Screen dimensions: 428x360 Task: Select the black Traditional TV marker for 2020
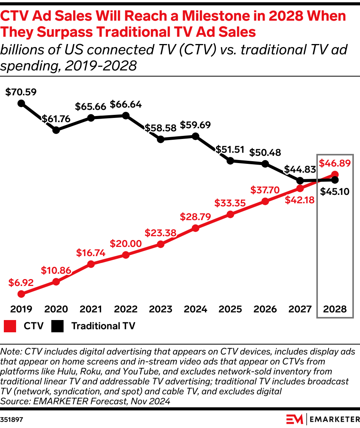coord(56,130)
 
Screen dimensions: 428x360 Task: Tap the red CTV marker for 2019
coord(21,294)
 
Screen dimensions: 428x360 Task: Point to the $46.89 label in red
coord(335,163)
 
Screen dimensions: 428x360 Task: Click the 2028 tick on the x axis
coord(335,309)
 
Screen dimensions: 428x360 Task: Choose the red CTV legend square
coord(10,326)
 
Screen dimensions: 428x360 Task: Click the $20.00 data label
coord(126,243)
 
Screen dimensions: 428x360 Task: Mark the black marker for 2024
coord(195,136)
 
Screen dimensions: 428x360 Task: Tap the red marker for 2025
coord(230,214)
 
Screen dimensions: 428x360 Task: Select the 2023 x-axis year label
coord(160,309)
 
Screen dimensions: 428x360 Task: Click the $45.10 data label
coord(335,191)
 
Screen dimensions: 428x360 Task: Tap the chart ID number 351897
coord(11,420)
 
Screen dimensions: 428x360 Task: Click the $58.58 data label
coord(160,128)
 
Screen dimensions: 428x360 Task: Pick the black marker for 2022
coord(126,116)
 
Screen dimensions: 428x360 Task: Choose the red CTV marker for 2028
coord(335,175)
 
